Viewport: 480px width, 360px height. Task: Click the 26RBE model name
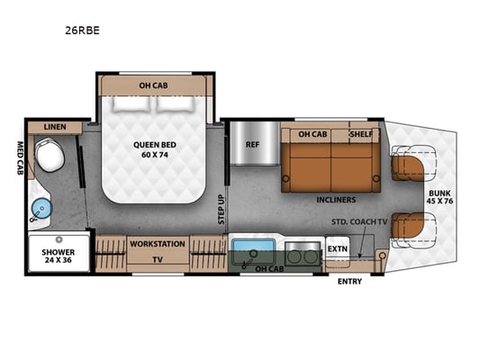82,31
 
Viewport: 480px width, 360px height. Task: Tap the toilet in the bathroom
50,155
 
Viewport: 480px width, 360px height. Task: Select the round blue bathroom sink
41,209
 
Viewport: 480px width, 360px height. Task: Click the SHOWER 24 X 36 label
59,256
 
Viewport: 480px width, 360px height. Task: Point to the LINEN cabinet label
55,127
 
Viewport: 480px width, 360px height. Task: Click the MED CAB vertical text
20,157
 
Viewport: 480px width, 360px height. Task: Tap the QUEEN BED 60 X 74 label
155,149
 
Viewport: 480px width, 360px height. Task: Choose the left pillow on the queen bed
132,103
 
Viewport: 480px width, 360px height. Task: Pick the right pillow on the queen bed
176,103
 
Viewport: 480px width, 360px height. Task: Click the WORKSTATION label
158,244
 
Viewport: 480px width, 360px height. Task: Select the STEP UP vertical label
222,210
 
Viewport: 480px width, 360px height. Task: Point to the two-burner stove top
303,254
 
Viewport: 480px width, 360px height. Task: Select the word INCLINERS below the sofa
336,200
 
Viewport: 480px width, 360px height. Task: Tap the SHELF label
361,134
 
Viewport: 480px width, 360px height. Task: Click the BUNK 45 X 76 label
439,197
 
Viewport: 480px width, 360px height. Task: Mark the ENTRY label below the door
349,282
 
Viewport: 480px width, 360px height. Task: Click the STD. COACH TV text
359,221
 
